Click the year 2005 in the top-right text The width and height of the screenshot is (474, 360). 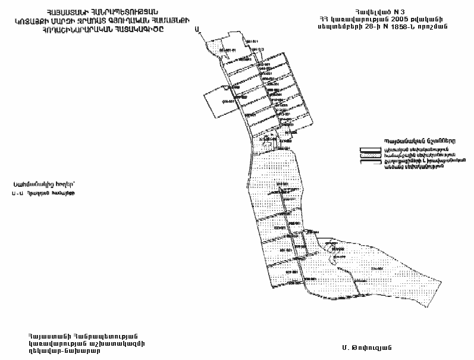(404, 20)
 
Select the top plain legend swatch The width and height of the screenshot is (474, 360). (370, 148)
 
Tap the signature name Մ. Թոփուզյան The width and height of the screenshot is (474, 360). (366, 346)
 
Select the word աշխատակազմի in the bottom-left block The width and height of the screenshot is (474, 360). (120, 342)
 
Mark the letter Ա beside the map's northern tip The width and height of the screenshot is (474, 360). (197, 37)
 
